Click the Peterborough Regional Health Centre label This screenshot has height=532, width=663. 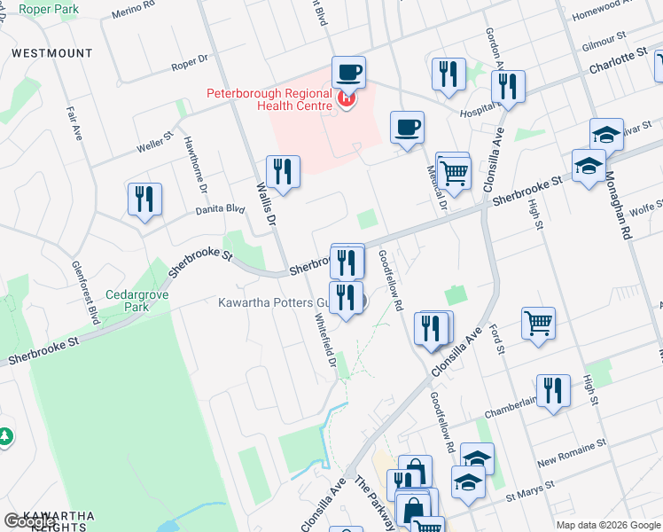click(269, 99)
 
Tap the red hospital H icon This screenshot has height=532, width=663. click(346, 100)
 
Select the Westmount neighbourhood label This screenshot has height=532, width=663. click(52, 53)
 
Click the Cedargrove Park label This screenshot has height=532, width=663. click(130, 301)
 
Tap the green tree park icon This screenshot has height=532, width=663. click(4, 436)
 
